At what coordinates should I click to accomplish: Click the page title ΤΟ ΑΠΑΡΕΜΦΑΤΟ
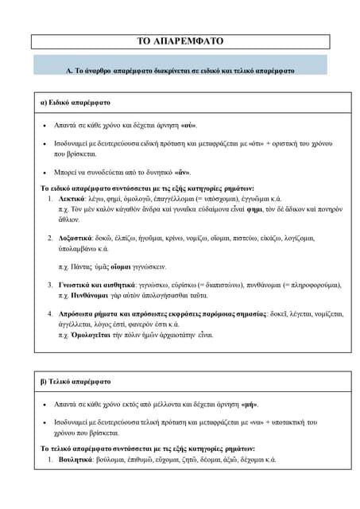tap(180, 41)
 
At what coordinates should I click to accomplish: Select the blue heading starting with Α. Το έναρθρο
tap(180, 70)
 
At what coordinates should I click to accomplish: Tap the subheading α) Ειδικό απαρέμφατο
tap(75, 103)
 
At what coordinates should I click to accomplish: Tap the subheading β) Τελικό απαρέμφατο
tap(76, 381)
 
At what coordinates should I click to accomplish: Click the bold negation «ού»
tap(188, 126)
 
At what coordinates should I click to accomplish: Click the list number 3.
tap(50, 283)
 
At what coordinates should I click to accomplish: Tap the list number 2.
tap(50, 237)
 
